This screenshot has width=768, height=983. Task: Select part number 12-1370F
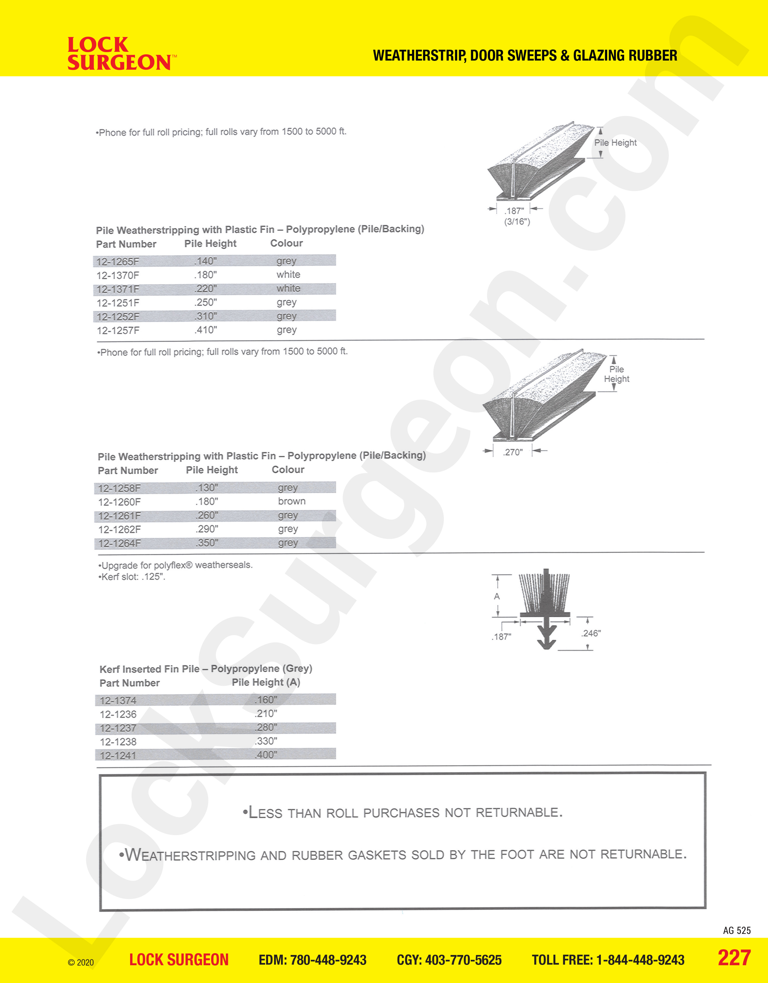click(x=118, y=275)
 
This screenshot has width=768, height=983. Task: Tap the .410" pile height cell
click(x=206, y=330)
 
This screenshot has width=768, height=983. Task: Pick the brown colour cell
click(x=292, y=501)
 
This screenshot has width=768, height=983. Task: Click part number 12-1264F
click(x=119, y=543)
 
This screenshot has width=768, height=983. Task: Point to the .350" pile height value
click(x=207, y=543)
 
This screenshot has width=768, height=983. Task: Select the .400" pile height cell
click(x=266, y=755)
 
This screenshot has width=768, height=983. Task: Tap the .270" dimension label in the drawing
click(x=513, y=452)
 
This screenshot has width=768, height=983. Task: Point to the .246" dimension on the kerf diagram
click(x=591, y=633)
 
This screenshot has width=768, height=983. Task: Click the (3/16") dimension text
click(x=517, y=221)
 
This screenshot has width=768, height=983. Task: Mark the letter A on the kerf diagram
click(x=497, y=596)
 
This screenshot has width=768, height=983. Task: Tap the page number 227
click(x=734, y=958)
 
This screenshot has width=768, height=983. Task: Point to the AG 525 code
click(x=736, y=930)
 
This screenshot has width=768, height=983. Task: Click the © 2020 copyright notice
click(x=81, y=962)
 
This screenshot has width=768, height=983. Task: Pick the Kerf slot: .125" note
click(x=132, y=577)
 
